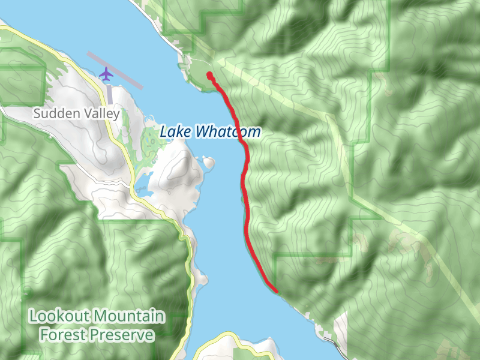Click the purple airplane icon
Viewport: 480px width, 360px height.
[x=106, y=74]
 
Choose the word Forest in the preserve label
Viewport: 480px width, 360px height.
[x=61, y=334]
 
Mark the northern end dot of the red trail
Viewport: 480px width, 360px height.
[x=209, y=74]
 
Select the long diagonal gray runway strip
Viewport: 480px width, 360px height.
[x=115, y=70]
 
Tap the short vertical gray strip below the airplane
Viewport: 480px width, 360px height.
[x=109, y=95]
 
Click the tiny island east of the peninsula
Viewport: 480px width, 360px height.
[x=209, y=162]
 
